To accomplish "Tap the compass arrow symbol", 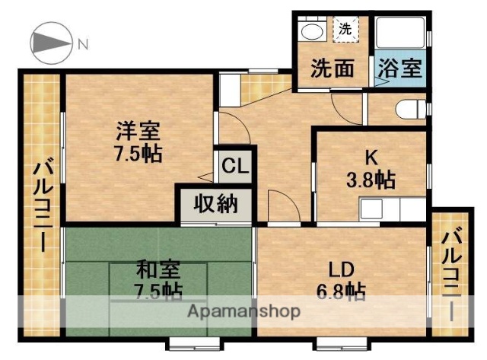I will point(51,43).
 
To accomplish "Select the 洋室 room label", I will point(137,130).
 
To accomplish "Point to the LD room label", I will point(340,269).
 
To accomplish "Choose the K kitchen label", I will point(371,158).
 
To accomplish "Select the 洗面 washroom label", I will point(332,69).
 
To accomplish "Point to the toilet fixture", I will point(411,108).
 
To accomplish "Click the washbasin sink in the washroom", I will point(311,32).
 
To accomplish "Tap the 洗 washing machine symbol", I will point(345,30).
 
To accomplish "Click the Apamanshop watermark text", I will point(243,312).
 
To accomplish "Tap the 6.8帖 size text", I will point(340,291).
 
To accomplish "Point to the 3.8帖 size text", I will point(371,180).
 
